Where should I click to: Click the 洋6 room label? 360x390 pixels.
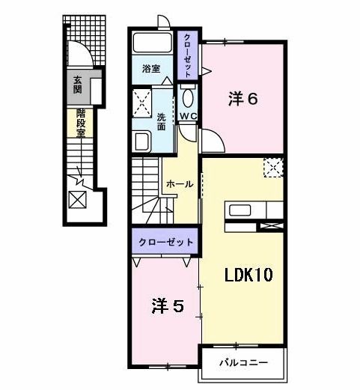pyautogui.click(x=243, y=97)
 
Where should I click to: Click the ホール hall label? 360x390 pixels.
pyautogui.click(x=180, y=184)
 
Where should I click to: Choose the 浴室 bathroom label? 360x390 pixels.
pyautogui.click(x=151, y=69)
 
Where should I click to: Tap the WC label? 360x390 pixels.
pyautogui.click(x=187, y=116)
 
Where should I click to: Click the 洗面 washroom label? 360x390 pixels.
pyautogui.click(x=161, y=121)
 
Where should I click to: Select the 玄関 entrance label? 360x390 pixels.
pyautogui.click(x=77, y=86)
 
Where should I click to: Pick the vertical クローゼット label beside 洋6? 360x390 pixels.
pyautogui.click(x=188, y=52)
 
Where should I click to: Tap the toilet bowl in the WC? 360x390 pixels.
pyautogui.click(x=188, y=97)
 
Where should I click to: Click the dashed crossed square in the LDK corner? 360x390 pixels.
pyautogui.click(x=273, y=168)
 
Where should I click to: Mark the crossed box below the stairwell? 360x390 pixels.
pyautogui.click(x=77, y=200)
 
